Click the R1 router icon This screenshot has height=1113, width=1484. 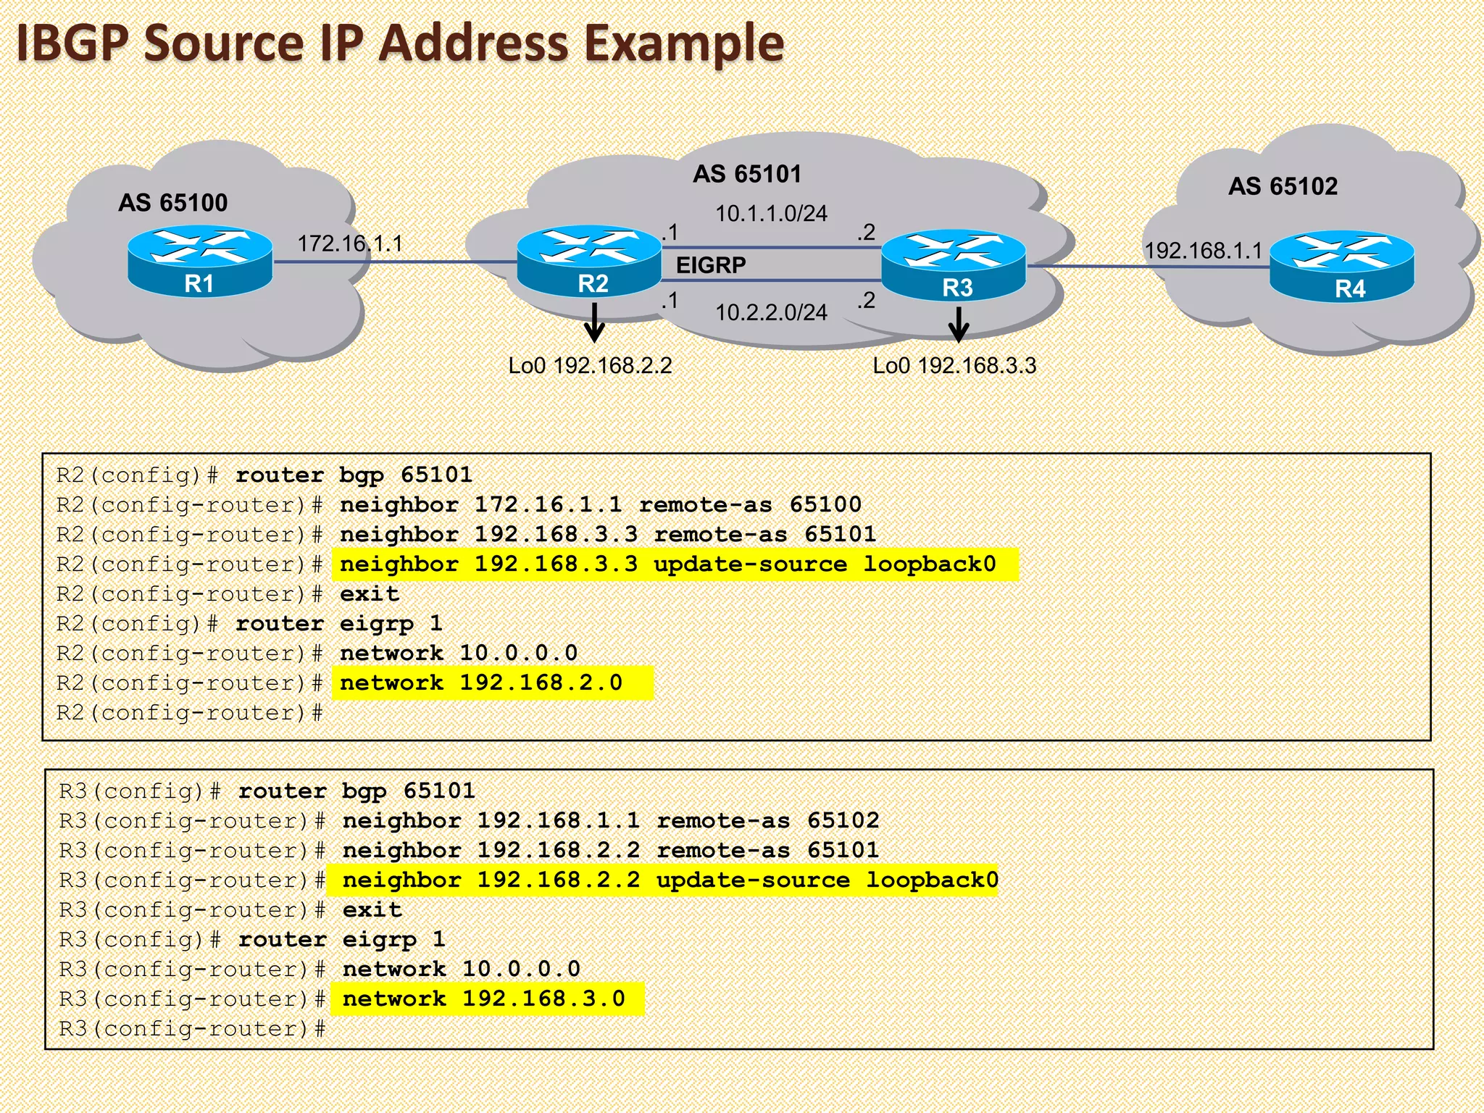(x=200, y=262)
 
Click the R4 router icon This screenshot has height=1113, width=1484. (x=1342, y=265)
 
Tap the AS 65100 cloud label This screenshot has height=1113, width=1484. (x=173, y=203)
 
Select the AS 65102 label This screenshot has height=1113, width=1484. (x=1283, y=187)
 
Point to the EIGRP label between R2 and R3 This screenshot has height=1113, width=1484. (x=711, y=265)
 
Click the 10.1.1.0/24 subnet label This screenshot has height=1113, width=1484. (x=771, y=214)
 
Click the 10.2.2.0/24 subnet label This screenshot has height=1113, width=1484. (x=771, y=312)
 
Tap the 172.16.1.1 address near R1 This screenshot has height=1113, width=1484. (x=350, y=243)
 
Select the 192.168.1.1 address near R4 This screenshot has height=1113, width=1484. (x=1203, y=251)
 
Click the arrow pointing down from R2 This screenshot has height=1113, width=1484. (x=594, y=323)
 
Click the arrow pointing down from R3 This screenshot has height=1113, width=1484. (x=958, y=325)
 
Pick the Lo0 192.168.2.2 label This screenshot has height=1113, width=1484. (x=590, y=365)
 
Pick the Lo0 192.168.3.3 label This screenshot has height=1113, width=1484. (x=954, y=365)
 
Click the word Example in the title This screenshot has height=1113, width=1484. (x=684, y=43)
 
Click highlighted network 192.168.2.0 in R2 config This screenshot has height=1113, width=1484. (x=481, y=683)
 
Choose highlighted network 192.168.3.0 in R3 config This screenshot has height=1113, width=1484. (x=483, y=999)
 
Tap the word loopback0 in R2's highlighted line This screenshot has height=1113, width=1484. (x=930, y=564)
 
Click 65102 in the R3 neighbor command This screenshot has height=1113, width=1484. (x=843, y=821)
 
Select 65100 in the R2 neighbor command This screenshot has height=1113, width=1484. (x=825, y=505)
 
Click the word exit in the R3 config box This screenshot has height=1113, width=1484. (x=372, y=910)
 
